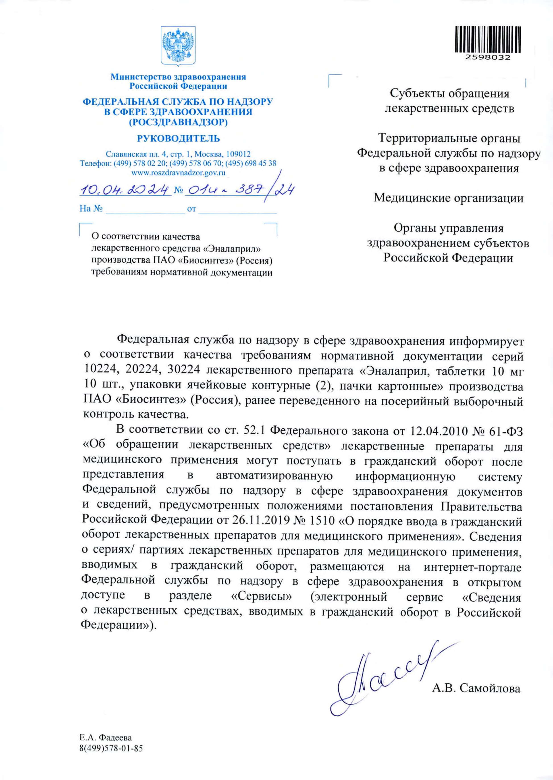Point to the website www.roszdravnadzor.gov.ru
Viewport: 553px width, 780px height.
179,173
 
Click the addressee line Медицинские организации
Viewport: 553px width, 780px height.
449,198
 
